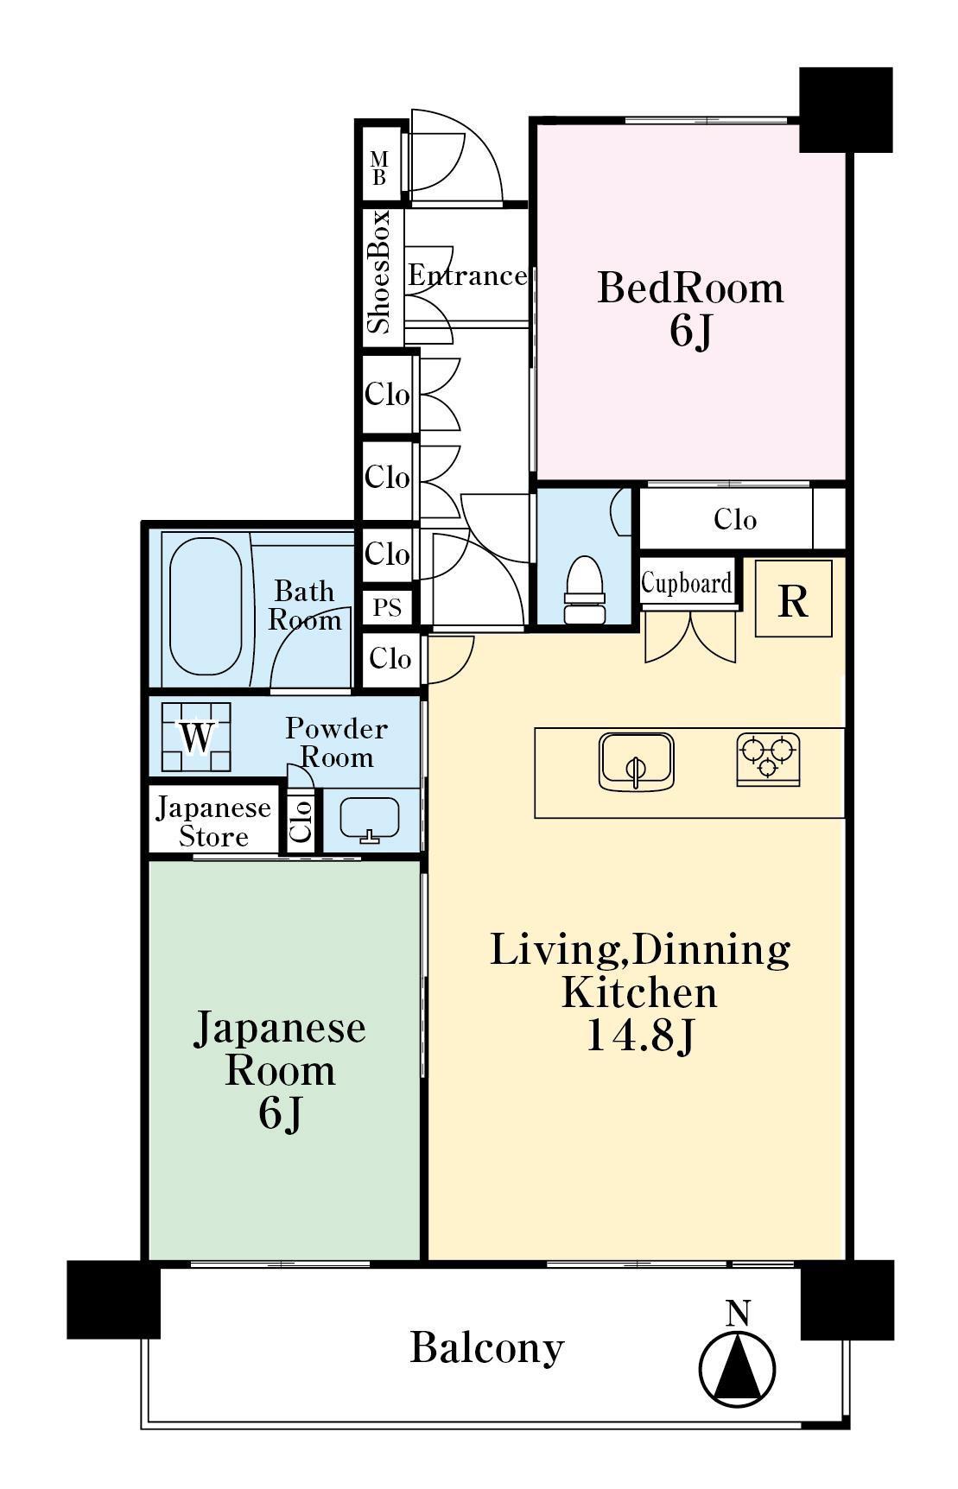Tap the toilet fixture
click(x=584, y=590)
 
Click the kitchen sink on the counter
click(x=636, y=761)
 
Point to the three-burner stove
click(x=768, y=759)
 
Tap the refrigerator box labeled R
click(x=793, y=599)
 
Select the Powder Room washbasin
click(x=370, y=819)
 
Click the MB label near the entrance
click(x=378, y=168)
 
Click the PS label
click(x=388, y=607)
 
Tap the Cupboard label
click(x=687, y=584)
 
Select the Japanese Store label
click(x=213, y=822)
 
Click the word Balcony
click(x=487, y=1347)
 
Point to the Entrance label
click(x=467, y=276)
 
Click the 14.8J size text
click(x=640, y=1035)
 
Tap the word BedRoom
click(x=690, y=287)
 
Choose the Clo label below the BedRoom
click(x=735, y=519)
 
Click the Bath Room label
click(x=304, y=605)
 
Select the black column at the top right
click(x=846, y=110)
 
